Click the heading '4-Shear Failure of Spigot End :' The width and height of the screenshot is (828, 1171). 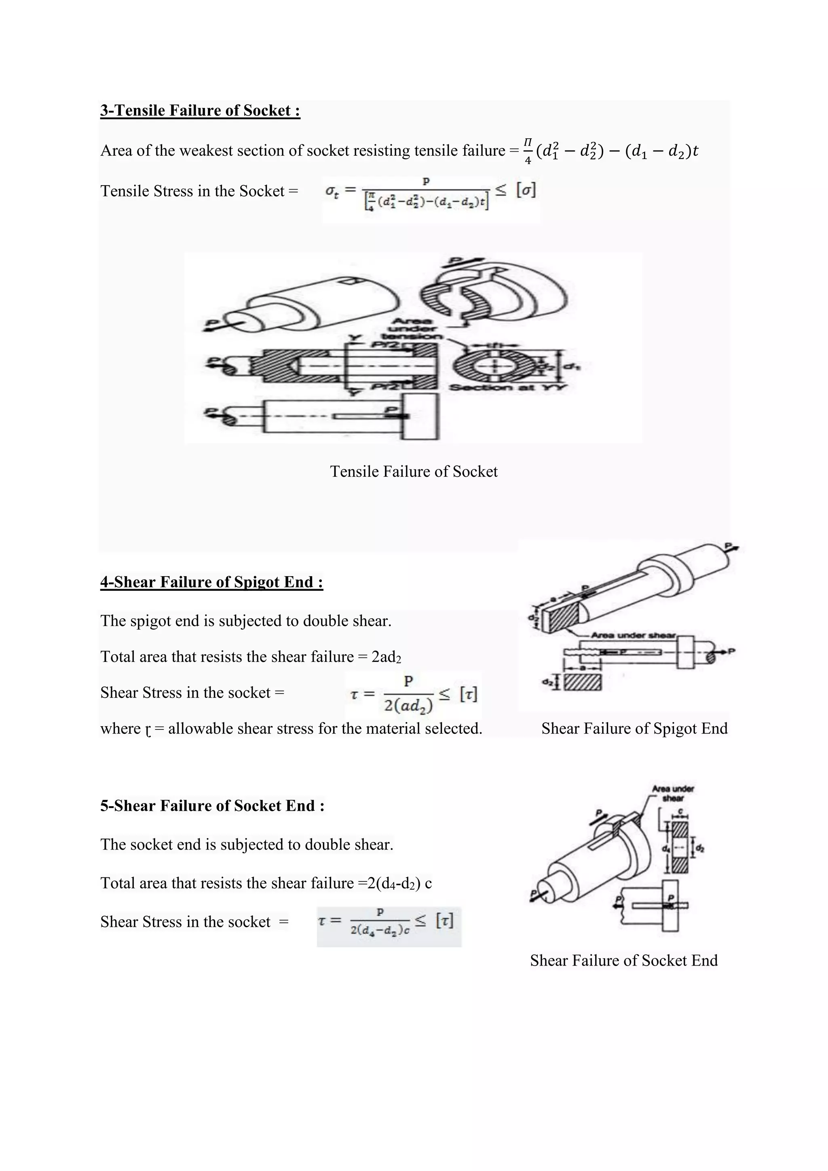coord(211,582)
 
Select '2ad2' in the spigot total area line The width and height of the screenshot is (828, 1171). coord(386,657)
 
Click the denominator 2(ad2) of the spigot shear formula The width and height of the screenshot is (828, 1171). coord(408,706)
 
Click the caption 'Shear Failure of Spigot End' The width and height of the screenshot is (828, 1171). coord(634,728)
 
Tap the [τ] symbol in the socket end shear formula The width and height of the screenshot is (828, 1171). coord(445,921)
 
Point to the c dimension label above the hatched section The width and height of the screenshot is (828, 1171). coord(680,812)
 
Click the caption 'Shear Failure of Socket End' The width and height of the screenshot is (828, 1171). coord(623,960)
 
